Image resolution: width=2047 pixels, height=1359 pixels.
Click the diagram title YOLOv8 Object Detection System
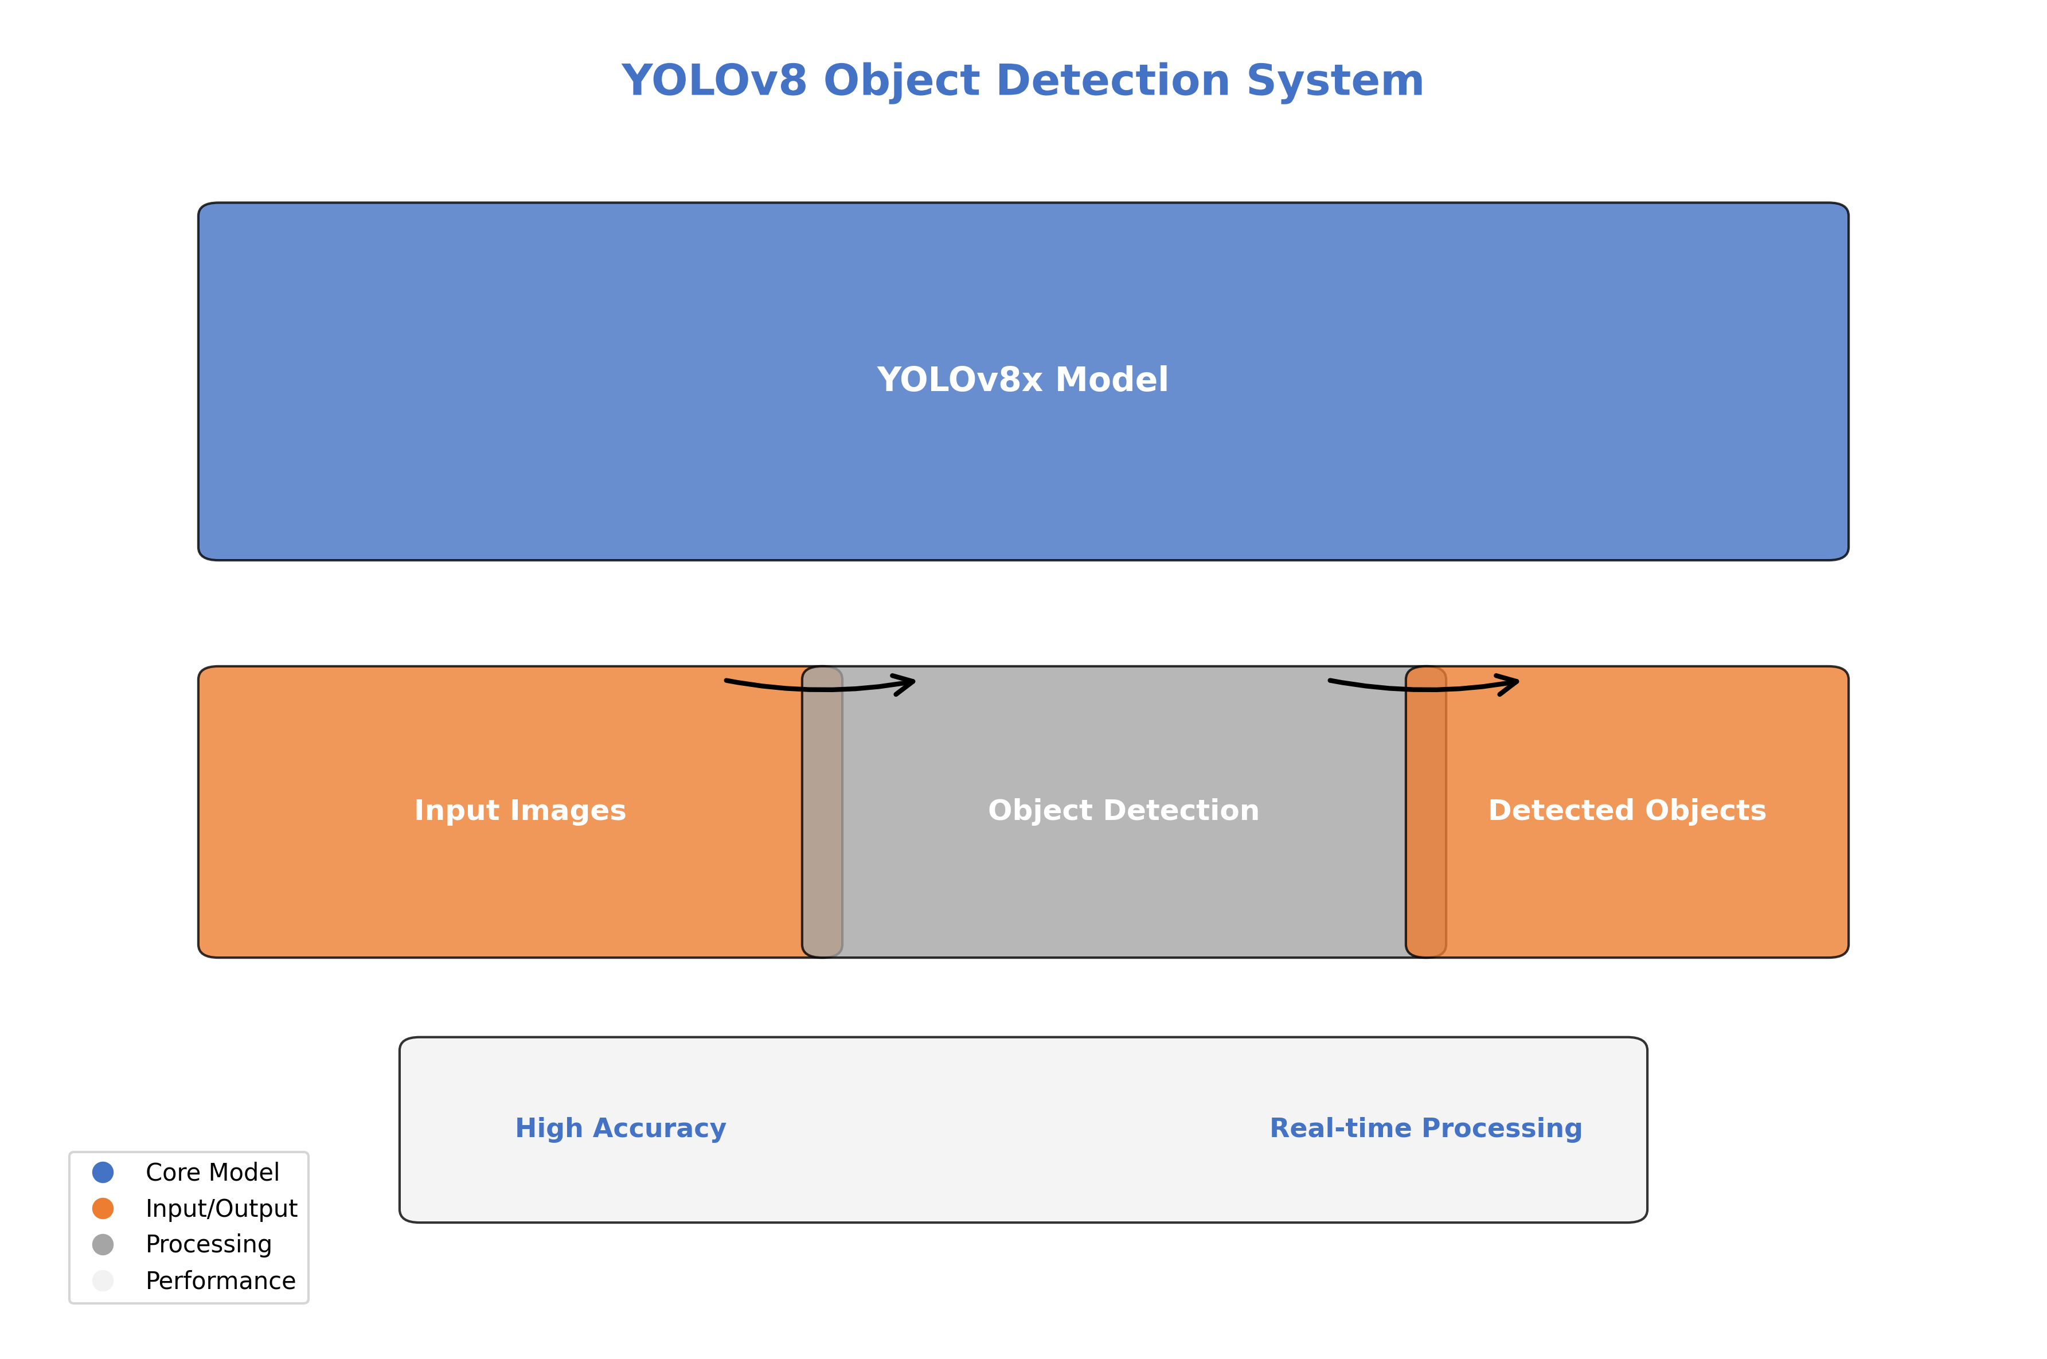click(x=1022, y=81)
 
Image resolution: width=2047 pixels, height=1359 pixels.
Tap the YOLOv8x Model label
click(x=1022, y=380)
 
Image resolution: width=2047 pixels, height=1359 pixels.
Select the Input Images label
click(x=520, y=810)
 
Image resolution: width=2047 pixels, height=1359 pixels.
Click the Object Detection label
click(x=1123, y=810)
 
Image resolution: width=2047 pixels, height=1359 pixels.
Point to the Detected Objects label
click(x=1627, y=810)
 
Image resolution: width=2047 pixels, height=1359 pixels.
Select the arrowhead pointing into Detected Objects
click(x=1510, y=684)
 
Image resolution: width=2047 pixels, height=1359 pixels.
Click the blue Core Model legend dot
click(x=103, y=1172)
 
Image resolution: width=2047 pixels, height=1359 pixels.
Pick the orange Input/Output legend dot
click(x=103, y=1208)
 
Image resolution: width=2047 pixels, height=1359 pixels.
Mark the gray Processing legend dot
click(x=103, y=1244)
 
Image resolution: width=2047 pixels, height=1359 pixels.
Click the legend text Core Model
click(x=212, y=1172)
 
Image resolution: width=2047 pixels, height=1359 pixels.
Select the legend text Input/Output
click(x=221, y=1208)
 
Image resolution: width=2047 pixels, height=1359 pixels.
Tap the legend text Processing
click(x=209, y=1244)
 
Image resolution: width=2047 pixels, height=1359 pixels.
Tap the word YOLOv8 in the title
click(x=714, y=81)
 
